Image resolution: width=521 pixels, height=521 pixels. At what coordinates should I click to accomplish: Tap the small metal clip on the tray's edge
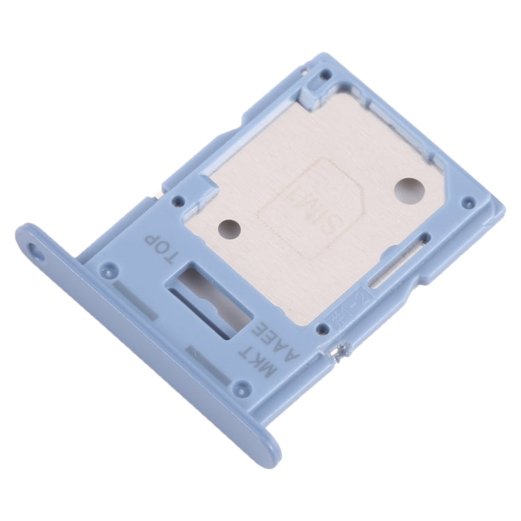pos(336,355)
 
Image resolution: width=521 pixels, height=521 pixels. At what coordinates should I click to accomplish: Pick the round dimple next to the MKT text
pos(240,389)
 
